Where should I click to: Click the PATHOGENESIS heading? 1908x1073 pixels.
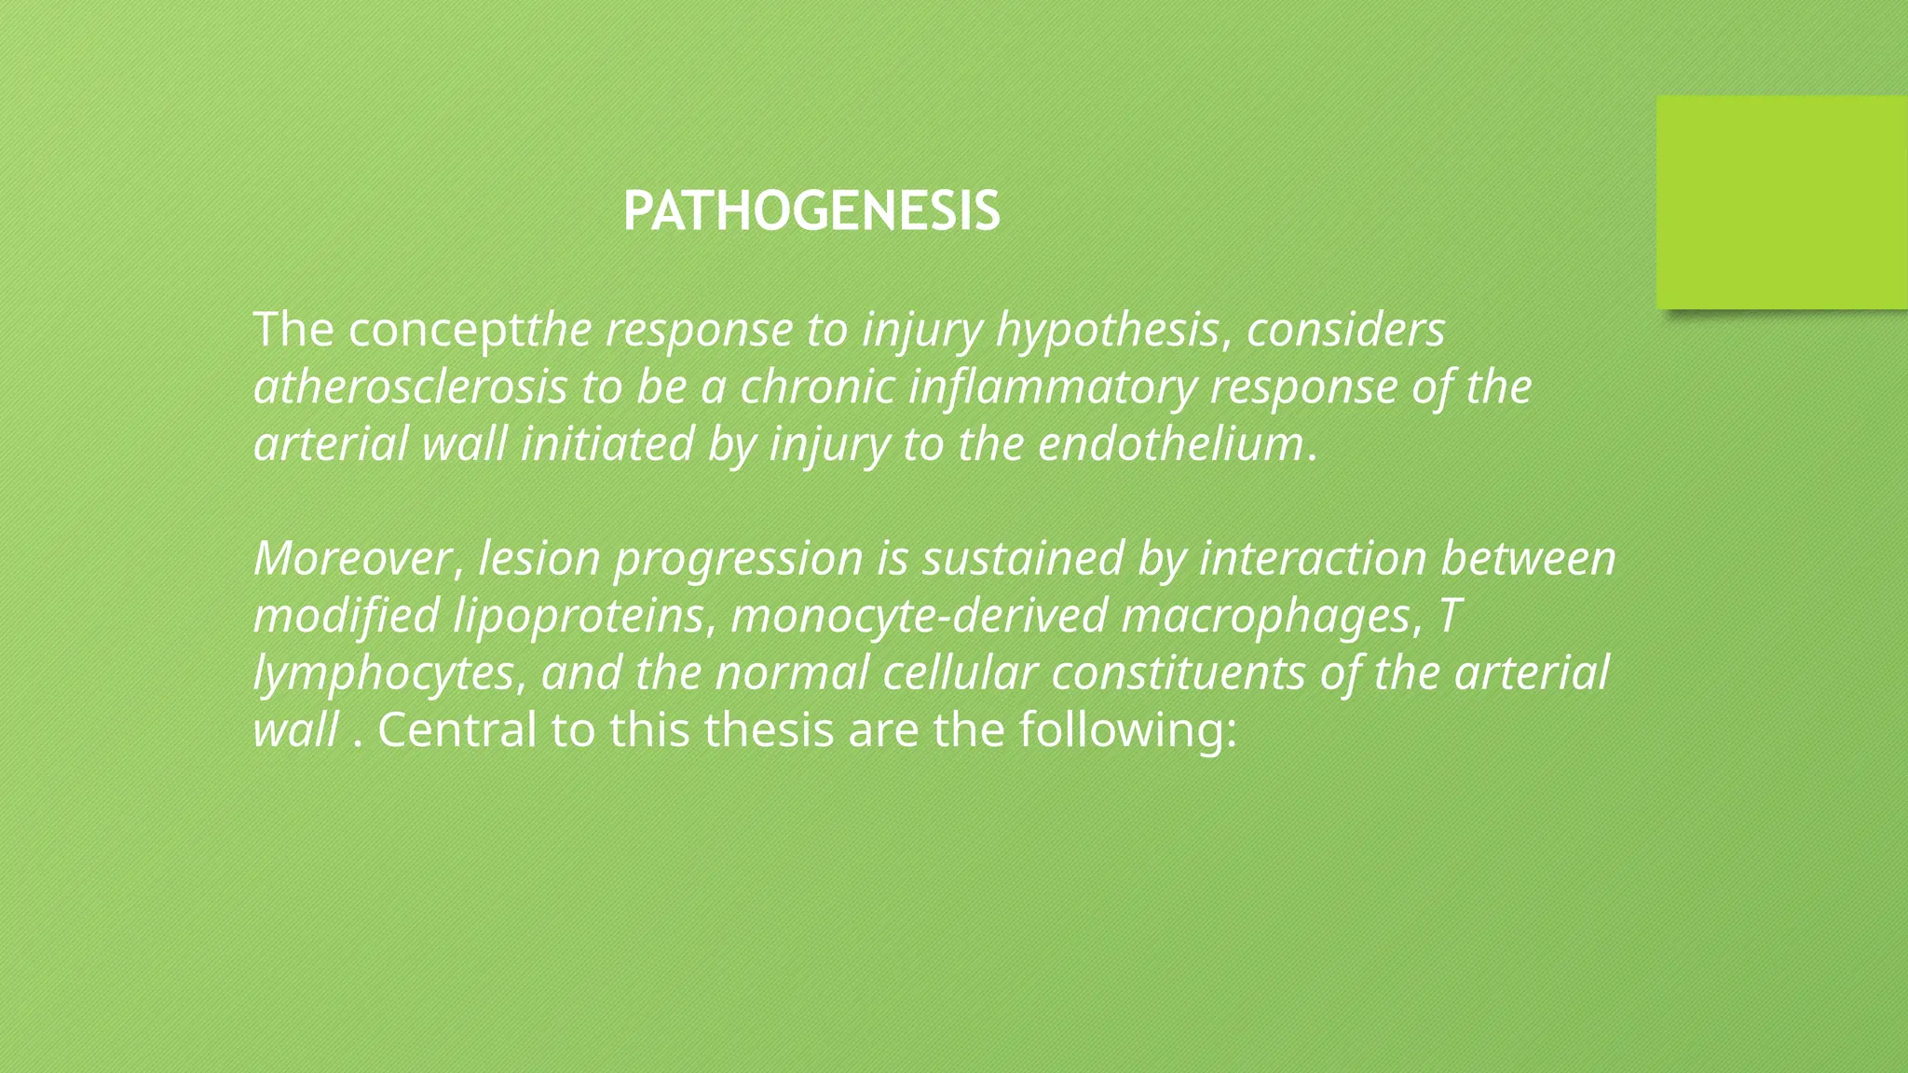811,211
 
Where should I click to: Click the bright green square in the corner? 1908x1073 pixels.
1781,202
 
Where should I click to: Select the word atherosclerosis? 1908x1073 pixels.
410,387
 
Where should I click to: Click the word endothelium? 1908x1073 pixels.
1170,443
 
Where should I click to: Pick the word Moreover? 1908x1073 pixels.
352,559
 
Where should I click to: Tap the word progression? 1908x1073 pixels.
739,559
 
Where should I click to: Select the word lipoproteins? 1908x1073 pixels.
578,617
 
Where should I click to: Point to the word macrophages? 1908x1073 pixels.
1265,617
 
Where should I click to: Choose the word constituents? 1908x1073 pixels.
1178,673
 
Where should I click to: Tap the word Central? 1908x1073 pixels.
457,730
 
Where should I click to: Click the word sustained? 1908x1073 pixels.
1023,559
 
